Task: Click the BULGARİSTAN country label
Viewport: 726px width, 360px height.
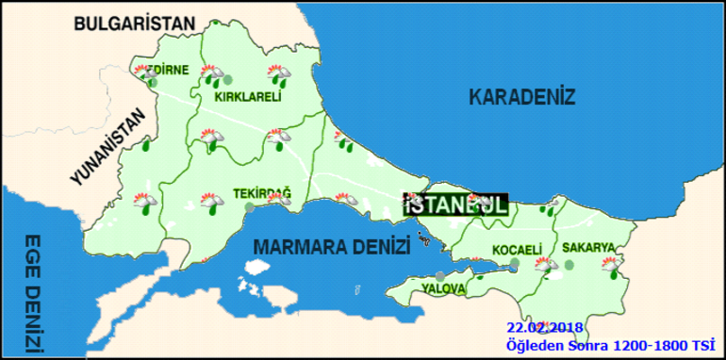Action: (x=134, y=23)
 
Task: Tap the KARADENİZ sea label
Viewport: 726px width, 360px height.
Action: (x=521, y=96)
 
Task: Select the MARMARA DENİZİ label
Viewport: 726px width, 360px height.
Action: (x=331, y=247)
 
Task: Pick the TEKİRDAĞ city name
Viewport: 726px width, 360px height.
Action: (x=262, y=194)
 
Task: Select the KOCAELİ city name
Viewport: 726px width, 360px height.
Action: (x=517, y=250)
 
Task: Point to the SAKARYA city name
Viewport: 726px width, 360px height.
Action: (x=588, y=248)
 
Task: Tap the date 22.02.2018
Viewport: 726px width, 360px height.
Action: (x=544, y=327)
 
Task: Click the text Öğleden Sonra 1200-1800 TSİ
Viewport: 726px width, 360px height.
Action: (x=607, y=345)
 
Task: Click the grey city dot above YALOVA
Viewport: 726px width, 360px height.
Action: (x=439, y=275)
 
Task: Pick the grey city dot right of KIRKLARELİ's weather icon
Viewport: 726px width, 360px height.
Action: (x=227, y=80)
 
